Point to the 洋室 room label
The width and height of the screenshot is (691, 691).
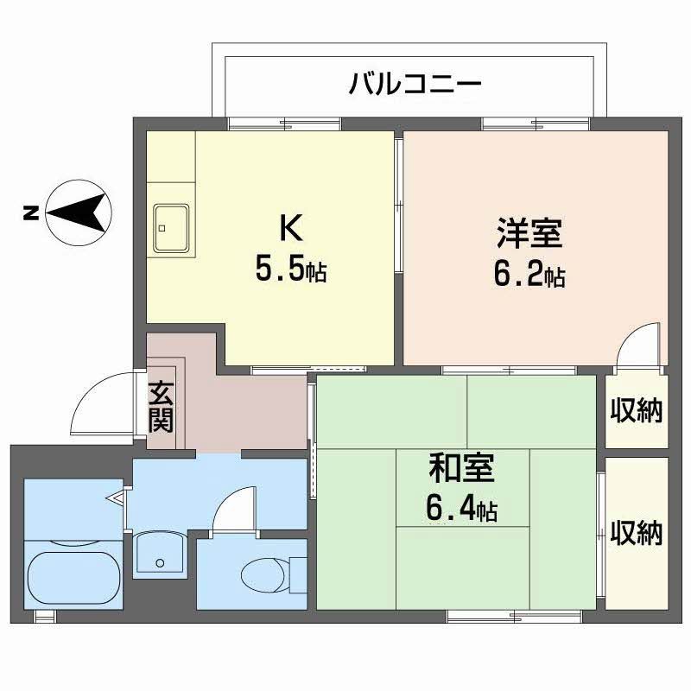click(x=529, y=234)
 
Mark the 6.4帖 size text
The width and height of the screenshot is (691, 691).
click(x=461, y=510)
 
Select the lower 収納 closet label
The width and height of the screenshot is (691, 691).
click(x=637, y=533)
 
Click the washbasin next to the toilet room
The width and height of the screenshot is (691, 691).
click(x=159, y=555)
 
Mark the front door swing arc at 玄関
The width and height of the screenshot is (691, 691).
click(x=99, y=404)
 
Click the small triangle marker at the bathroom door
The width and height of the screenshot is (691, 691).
click(x=117, y=498)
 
